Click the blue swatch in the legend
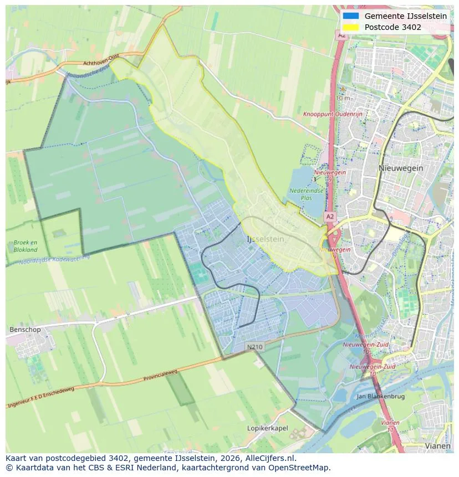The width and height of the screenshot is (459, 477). pyautogui.click(x=351, y=16)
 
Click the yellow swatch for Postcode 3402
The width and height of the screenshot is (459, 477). pyautogui.click(x=351, y=27)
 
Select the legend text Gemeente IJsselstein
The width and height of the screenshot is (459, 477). pyautogui.click(x=405, y=16)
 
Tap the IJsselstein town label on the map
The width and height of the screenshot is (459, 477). pyautogui.click(x=265, y=239)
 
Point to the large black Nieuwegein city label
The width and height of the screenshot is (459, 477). pyautogui.click(x=401, y=168)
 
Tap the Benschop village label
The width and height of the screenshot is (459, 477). pyautogui.click(x=25, y=330)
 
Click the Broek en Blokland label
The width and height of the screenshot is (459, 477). pyautogui.click(x=25, y=246)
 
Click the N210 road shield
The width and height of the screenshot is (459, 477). pyautogui.click(x=254, y=347)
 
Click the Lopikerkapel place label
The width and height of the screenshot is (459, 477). pyautogui.click(x=267, y=428)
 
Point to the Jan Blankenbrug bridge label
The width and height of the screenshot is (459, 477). pyautogui.click(x=380, y=397)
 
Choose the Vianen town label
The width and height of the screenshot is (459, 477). pyautogui.click(x=437, y=445)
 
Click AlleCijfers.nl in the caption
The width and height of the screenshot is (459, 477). pyautogui.click(x=270, y=458)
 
